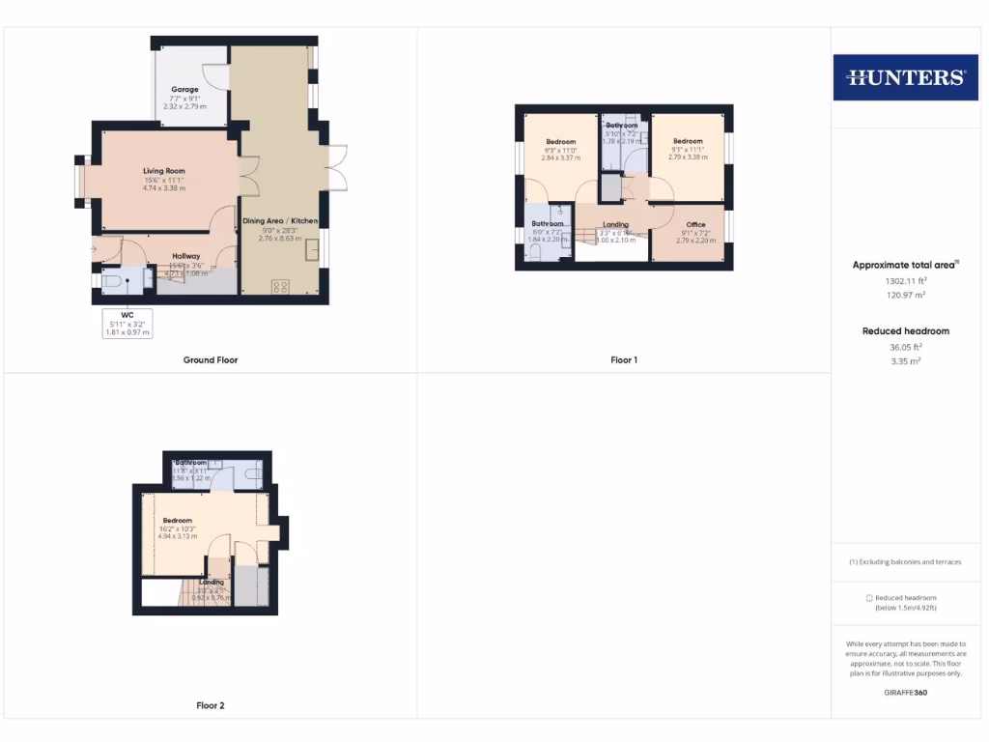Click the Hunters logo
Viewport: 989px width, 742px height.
click(905, 77)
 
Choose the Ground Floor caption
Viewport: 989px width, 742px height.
click(211, 360)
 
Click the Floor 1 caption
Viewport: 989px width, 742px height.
click(624, 360)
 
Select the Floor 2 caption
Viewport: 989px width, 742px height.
click(211, 706)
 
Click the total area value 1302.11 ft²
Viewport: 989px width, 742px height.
click(905, 281)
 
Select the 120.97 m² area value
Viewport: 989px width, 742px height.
click(905, 296)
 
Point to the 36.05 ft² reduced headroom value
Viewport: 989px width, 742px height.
click(905, 347)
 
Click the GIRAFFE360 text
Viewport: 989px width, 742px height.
click(905, 694)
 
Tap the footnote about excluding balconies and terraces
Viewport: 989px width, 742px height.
click(905, 562)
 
